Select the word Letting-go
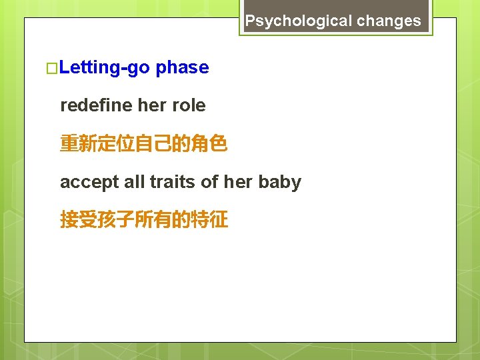[105, 68]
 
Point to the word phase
[182, 68]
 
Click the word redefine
[95, 105]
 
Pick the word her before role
[151, 105]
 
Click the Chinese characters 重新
[79, 143]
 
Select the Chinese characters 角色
[209, 143]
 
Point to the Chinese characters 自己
[153, 143]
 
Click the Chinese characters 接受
[79, 220]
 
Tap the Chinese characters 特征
[209, 220]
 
